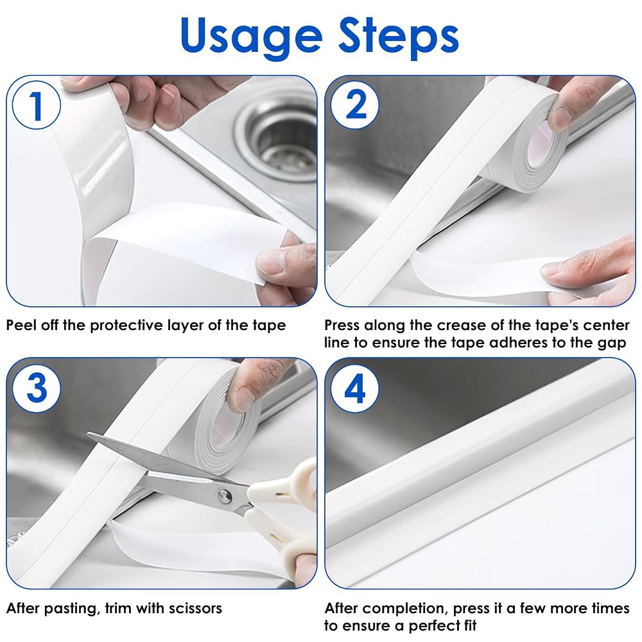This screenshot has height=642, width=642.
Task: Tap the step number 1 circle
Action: click(37, 105)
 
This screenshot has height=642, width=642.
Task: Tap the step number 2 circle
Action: click(355, 105)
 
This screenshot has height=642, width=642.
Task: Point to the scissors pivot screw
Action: click(224, 496)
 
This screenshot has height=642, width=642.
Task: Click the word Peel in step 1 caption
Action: click(21, 325)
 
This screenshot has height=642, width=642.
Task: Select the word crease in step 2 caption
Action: click(462, 325)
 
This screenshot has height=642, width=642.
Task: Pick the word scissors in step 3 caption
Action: click(195, 609)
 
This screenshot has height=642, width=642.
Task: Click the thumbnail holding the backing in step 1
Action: click(271, 263)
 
